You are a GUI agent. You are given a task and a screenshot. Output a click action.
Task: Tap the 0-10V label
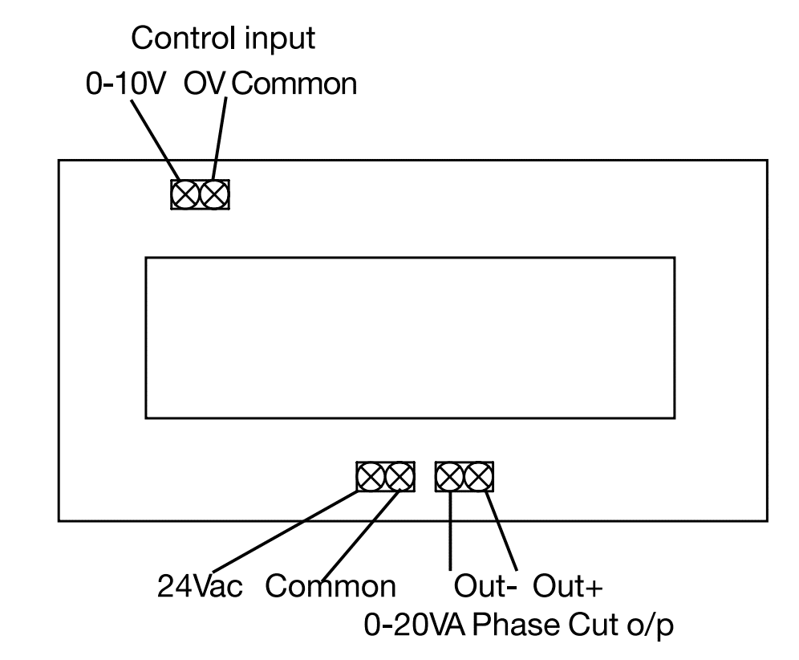[x=126, y=84]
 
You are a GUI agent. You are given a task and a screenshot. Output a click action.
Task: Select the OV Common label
[x=271, y=84]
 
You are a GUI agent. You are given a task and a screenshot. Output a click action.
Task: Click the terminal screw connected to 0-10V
[x=185, y=194]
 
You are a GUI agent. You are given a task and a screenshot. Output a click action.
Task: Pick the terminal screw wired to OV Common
[x=214, y=194]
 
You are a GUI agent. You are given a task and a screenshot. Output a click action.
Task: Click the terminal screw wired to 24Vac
[x=371, y=477]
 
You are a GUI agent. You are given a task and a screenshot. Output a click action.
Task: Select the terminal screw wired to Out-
[x=450, y=477]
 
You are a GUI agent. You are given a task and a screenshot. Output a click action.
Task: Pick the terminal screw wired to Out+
[x=479, y=477]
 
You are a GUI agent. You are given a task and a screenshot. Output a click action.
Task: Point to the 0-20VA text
[x=416, y=624]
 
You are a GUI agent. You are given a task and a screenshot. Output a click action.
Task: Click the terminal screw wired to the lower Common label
[x=399, y=477]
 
